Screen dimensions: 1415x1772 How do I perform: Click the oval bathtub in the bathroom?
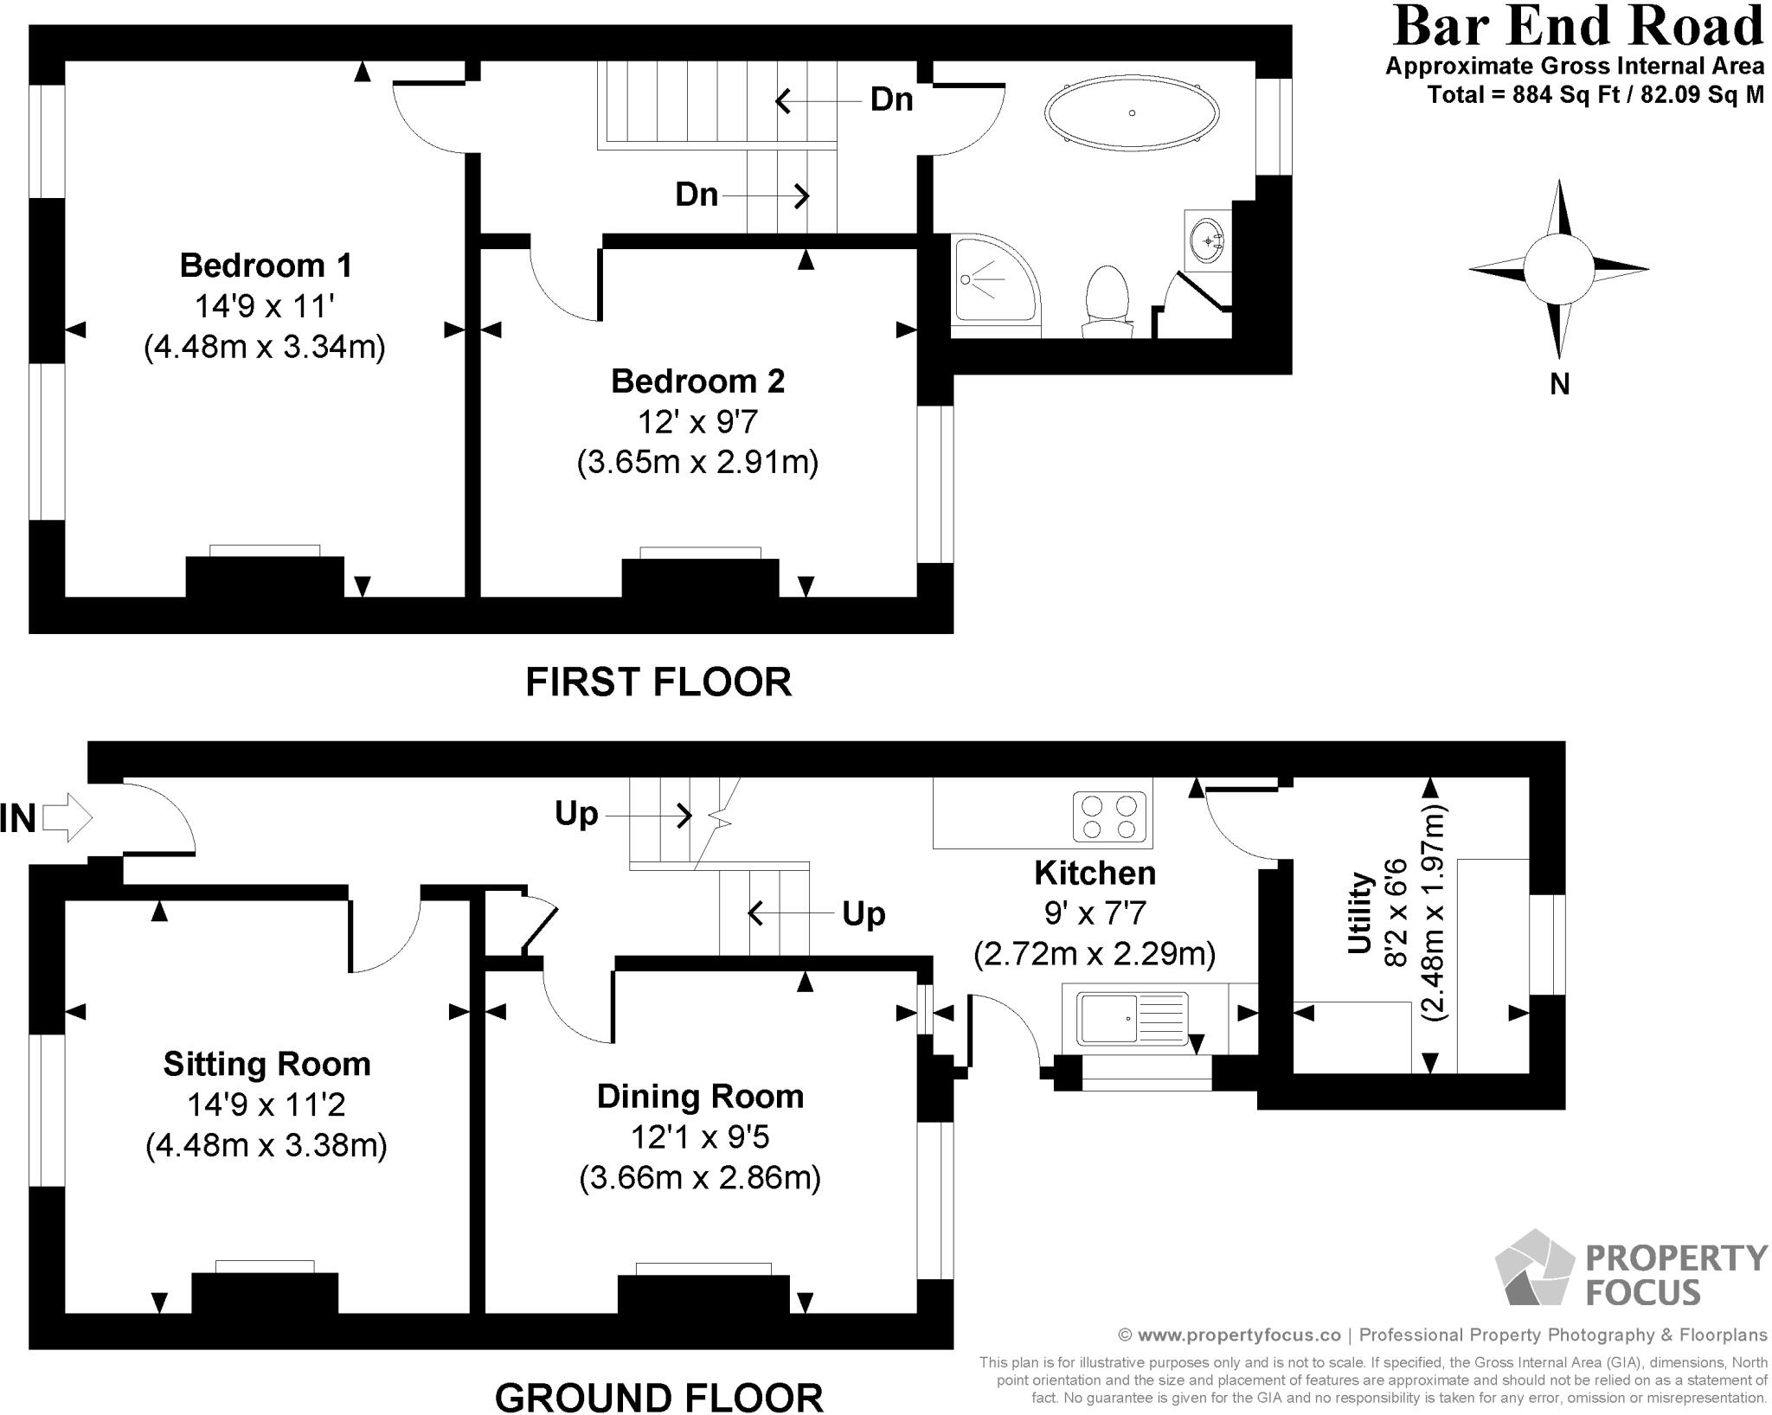1132,113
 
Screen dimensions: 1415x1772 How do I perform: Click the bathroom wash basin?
1207,240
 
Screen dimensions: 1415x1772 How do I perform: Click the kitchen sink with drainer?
1131,1019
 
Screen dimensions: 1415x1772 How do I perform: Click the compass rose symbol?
1558,269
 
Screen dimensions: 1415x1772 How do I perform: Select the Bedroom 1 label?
266,266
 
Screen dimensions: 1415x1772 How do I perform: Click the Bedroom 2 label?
697,381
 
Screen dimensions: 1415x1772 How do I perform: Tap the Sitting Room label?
266,1064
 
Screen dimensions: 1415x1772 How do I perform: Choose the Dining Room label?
700,1097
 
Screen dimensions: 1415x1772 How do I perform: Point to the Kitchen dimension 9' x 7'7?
1095,913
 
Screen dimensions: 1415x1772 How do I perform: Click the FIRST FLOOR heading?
658,682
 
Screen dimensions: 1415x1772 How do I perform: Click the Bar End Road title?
1577,26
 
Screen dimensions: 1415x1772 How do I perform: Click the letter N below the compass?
1559,384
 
